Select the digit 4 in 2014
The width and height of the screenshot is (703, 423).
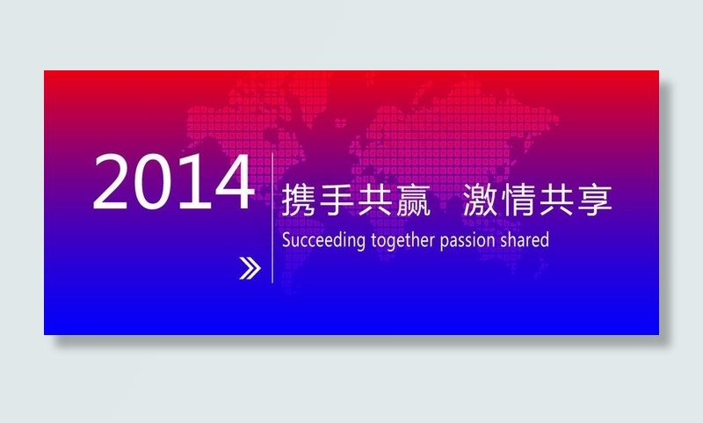click(x=231, y=183)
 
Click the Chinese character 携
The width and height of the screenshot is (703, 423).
click(x=298, y=201)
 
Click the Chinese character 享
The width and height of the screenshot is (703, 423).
click(x=594, y=201)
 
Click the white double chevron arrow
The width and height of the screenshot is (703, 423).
click(x=250, y=269)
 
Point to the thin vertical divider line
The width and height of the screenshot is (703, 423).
click(x=273, y=220)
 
